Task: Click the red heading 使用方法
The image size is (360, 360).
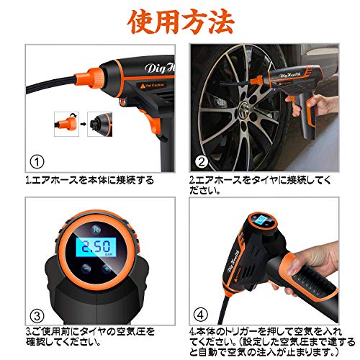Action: (181, 22)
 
